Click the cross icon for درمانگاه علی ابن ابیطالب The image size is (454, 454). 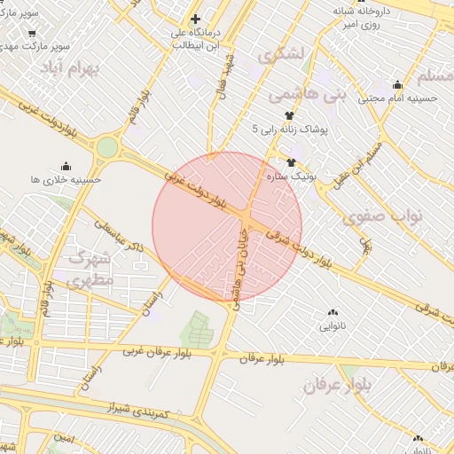(x=195, y=19)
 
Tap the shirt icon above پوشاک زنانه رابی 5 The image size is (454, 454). (x=289, y=115)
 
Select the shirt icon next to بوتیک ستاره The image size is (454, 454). (x=291, y=162)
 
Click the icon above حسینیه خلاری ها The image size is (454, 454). (x=65, y=166)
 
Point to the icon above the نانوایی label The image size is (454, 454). (x=333, y=312)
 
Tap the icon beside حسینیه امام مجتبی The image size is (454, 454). (x=409, y=84)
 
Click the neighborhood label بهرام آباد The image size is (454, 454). (x=98, y=68)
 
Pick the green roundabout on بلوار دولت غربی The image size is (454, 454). (x=107, y=148)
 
